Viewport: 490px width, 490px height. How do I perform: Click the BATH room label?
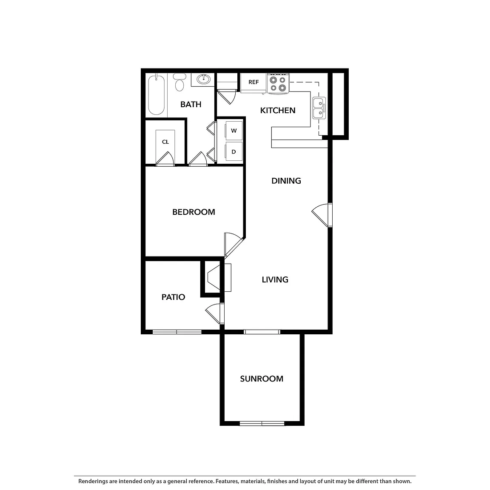point(191,104)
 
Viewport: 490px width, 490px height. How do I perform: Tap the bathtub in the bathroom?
point(156,95)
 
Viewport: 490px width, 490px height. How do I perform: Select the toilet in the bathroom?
point(179,82)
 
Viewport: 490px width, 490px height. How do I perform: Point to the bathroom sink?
point(203,80)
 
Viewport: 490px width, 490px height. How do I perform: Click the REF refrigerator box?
point(254,83)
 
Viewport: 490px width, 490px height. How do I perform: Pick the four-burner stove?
point(278,83)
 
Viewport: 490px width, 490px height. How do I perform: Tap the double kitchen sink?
point(319,108)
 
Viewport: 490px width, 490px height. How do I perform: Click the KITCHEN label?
point(277,110)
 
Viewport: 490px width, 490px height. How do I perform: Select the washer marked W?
point(234,131)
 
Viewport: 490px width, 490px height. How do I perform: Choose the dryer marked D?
point(234,152)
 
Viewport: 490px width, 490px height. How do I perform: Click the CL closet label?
point(165,142)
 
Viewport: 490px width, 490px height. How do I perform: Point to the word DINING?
point(286,181)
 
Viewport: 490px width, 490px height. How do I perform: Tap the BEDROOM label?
point(194,212)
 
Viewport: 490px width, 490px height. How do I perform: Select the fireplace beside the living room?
point(216,277)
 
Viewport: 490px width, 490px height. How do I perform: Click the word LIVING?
point(275,280)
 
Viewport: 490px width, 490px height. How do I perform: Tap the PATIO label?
point(173,297)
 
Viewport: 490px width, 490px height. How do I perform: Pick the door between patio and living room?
point(216,313)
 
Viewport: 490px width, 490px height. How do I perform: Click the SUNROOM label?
point(262,379)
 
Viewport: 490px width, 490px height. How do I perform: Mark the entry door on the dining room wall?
point(322,215)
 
